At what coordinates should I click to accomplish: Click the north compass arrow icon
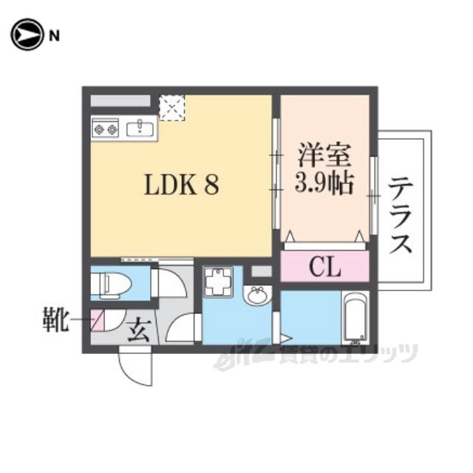click(x=27, y=35)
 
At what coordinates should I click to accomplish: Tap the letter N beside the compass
click(x=54, y=36)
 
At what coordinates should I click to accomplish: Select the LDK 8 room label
click(x=182, y=185)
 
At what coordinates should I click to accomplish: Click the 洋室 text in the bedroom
click(x=324, y=155)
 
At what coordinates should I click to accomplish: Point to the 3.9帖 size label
click(x=324, y=183)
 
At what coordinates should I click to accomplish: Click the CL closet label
click(x=325, y=267)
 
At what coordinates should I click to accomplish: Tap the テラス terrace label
click(x=401, y=216)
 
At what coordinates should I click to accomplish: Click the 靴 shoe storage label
click(x=54, y=319)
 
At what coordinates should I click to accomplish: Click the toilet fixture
click(x=111, y=284)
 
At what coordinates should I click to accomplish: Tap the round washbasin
click(x=258, y=296)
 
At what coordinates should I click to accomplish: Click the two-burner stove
click(x=105, y=129)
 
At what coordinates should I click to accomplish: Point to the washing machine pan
click(x=217, y=282)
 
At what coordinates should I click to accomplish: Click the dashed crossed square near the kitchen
click(x=171, y=108)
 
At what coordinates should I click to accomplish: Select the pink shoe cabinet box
click(x=98, y=319)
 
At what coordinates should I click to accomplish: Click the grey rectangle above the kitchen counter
click(x=120, y=101)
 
